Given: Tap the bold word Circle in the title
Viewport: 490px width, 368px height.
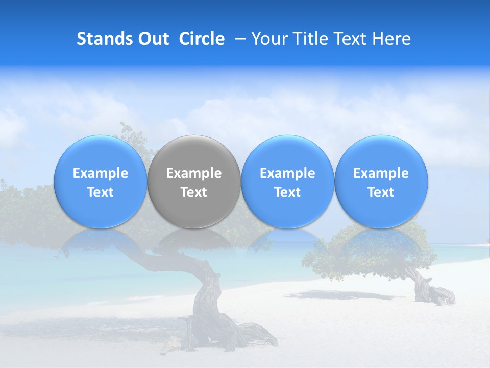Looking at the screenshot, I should tap(202, 39).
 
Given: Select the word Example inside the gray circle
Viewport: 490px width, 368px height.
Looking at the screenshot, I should tap(194, 173).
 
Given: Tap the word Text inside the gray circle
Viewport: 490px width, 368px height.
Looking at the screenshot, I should tap(194, 192).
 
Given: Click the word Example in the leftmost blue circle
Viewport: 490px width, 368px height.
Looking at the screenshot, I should tap(100, 173).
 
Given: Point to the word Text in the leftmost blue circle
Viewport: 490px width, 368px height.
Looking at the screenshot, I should tap(100, 192).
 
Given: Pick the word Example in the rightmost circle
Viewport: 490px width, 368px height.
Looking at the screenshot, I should tap(381, 173).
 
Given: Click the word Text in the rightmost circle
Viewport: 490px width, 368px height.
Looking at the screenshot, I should tap(381, 192).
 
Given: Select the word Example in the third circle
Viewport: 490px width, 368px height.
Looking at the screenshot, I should tap(287, 173).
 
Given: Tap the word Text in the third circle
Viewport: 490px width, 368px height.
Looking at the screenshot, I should tap(287, 192).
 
